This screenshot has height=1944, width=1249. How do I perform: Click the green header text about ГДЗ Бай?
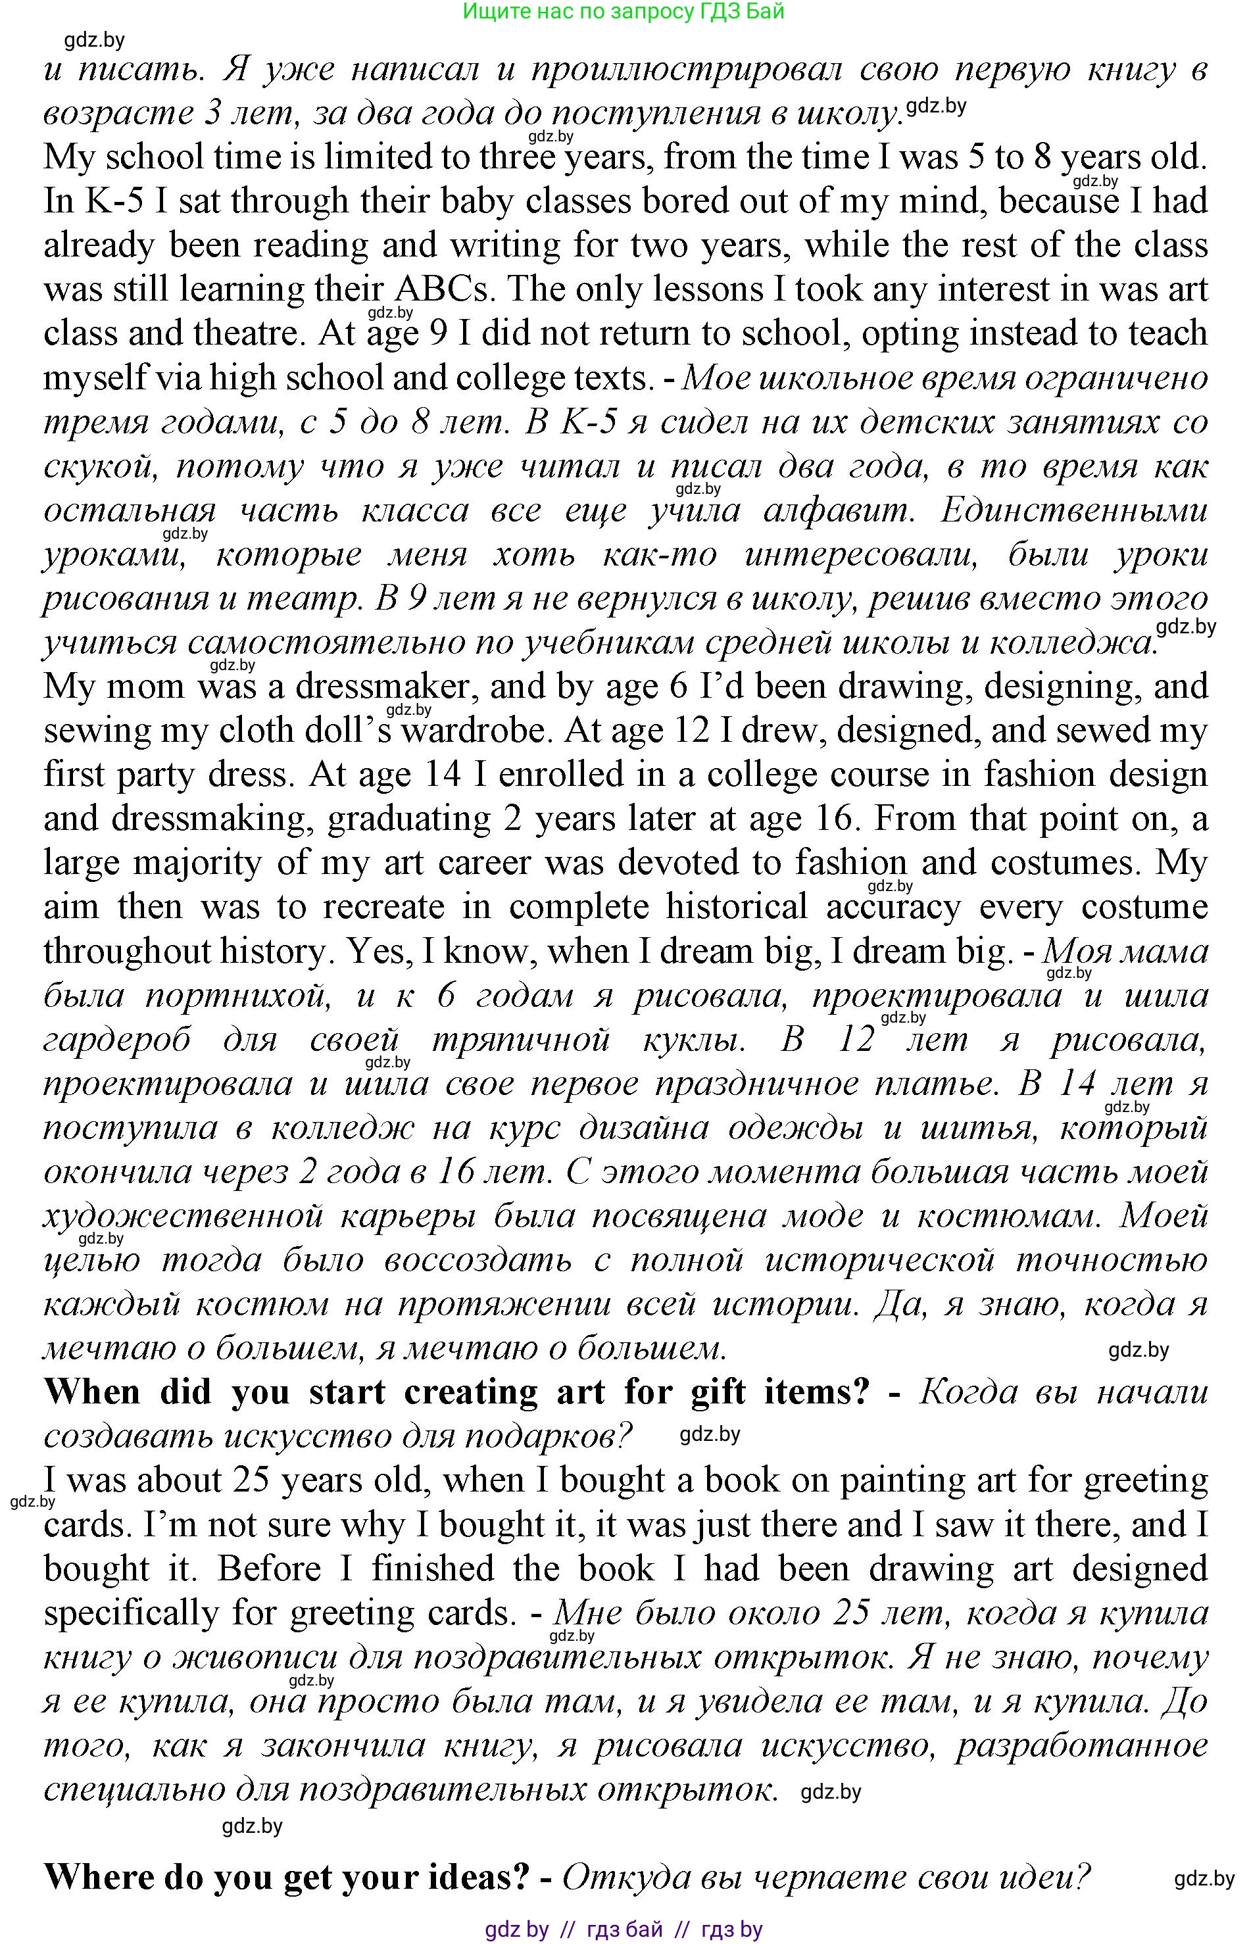coord(623,11)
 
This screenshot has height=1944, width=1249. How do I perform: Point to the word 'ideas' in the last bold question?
coord(480,1877)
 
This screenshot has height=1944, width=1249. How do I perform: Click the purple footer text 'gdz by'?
coord(516,1930)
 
